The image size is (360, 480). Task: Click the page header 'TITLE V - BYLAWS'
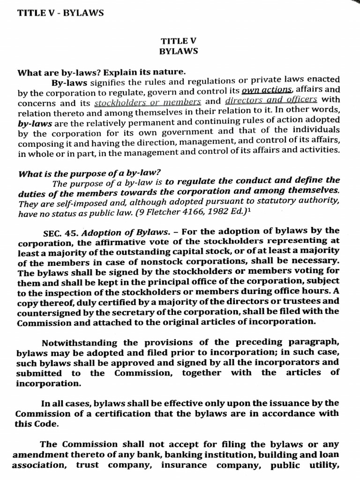point(60,13)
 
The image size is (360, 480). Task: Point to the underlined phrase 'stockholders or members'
point(148,102)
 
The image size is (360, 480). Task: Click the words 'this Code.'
point(37,423)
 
